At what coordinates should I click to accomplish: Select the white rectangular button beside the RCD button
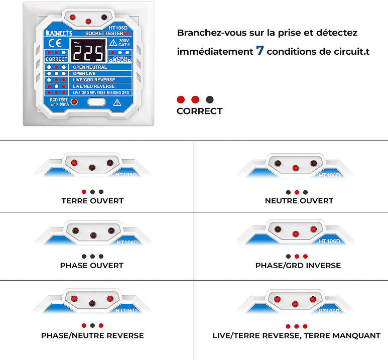(x=96, y=102)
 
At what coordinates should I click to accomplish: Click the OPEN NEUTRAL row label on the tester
(x=90, y=67)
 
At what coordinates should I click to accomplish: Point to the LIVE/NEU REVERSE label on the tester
(x=94, y=86)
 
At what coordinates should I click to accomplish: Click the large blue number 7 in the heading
(x=260, y=51)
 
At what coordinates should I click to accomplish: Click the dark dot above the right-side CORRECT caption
(x=210, y=99)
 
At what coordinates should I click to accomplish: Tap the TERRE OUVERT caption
(x=92, y=201)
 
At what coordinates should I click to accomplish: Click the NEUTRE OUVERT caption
(x=299, y=201)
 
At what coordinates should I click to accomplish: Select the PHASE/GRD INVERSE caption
(x=298, y=265)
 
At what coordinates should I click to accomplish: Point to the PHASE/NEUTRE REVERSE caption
(x=92, y=335)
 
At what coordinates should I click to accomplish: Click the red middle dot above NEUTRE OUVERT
(x=297, y=192)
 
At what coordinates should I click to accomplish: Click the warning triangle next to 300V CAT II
(x=114, y=42)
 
